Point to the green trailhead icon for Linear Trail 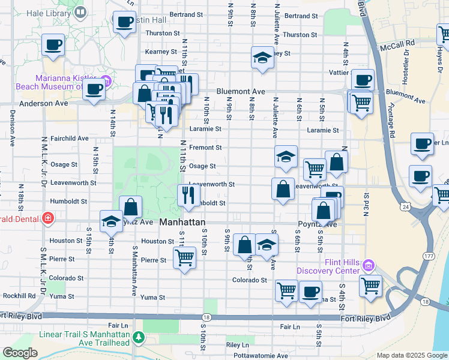click(x=139, y=338)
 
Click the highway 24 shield click(x=406, y=206)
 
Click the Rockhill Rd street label click(x=19, y=295)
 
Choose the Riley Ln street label click(x=238, y=345)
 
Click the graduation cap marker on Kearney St click(x=262, y=58)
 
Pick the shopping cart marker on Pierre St click(x=184, y=258)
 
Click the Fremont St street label click(x=206, y=147)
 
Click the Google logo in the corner click(x=20, y=352)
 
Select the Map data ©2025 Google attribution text click(x=411, y=355)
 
